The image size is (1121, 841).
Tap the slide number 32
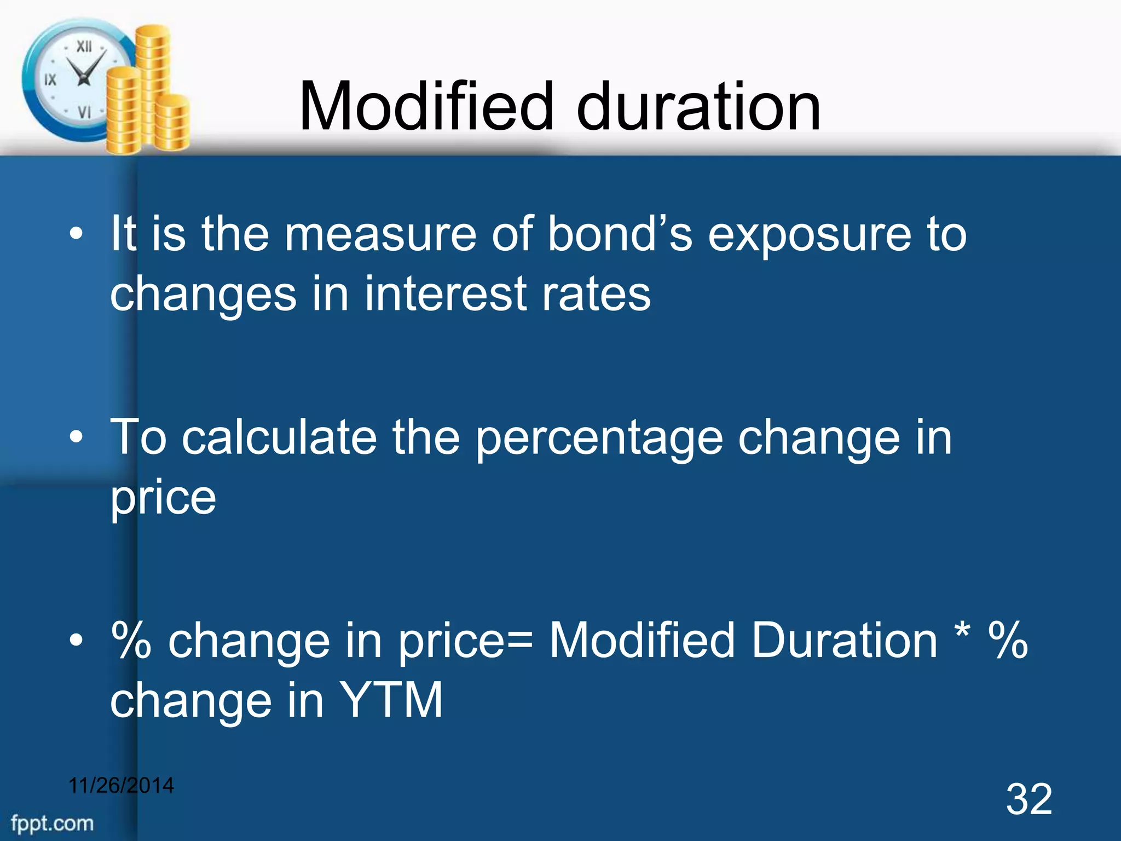coord(1028,799)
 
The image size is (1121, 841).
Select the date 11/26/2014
coord(121,785)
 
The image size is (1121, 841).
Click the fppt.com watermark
coord(53,823)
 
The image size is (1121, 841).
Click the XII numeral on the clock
coord(84,47)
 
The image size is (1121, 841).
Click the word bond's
coord(620,234)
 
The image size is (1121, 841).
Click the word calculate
coord(279,438)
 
